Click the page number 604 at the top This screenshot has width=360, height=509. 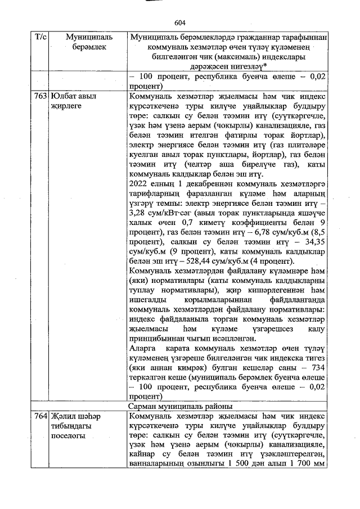pyautogui.click(x=180, y=23)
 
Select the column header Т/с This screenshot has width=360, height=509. pyautogui.click(x=40, y=37)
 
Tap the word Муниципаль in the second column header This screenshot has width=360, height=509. pyautogui.click(x=89, y=37)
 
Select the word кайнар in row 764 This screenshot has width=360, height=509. pyautogui.click(x=142, y=455)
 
